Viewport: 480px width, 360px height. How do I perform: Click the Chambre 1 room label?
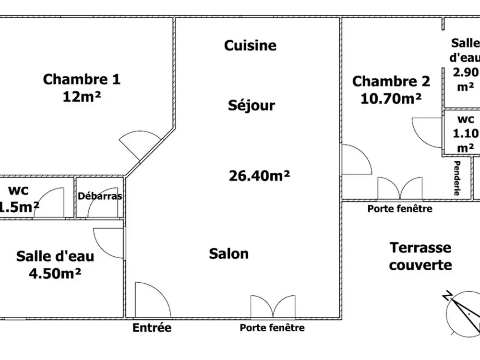coord(82,79)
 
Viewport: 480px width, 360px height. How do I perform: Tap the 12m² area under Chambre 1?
coord(82,97)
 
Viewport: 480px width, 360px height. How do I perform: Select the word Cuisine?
coord(251,46)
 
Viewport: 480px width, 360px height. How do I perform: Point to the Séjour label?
coord(252,105)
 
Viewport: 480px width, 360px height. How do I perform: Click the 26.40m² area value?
coord(260,176)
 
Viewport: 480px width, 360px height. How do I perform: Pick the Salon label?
coord(229,254)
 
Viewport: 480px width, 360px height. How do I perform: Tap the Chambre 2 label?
coord(391,82)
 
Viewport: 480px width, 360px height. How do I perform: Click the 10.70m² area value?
coord(391,98)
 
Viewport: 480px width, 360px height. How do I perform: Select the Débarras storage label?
coord(100,196)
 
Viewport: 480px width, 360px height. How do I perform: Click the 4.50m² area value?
coord(55,274)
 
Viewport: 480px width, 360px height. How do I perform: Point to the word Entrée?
coord(152,327)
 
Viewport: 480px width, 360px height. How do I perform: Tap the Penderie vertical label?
coord(457,178)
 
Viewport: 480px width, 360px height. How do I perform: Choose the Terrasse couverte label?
coord(420,256)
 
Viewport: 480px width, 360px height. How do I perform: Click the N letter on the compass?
coord(447,295)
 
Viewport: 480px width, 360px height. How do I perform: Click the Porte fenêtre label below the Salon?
coord(272,328)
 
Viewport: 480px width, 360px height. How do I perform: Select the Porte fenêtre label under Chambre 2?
coord(400,209)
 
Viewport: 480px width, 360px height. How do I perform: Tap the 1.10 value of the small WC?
coord(465,133)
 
